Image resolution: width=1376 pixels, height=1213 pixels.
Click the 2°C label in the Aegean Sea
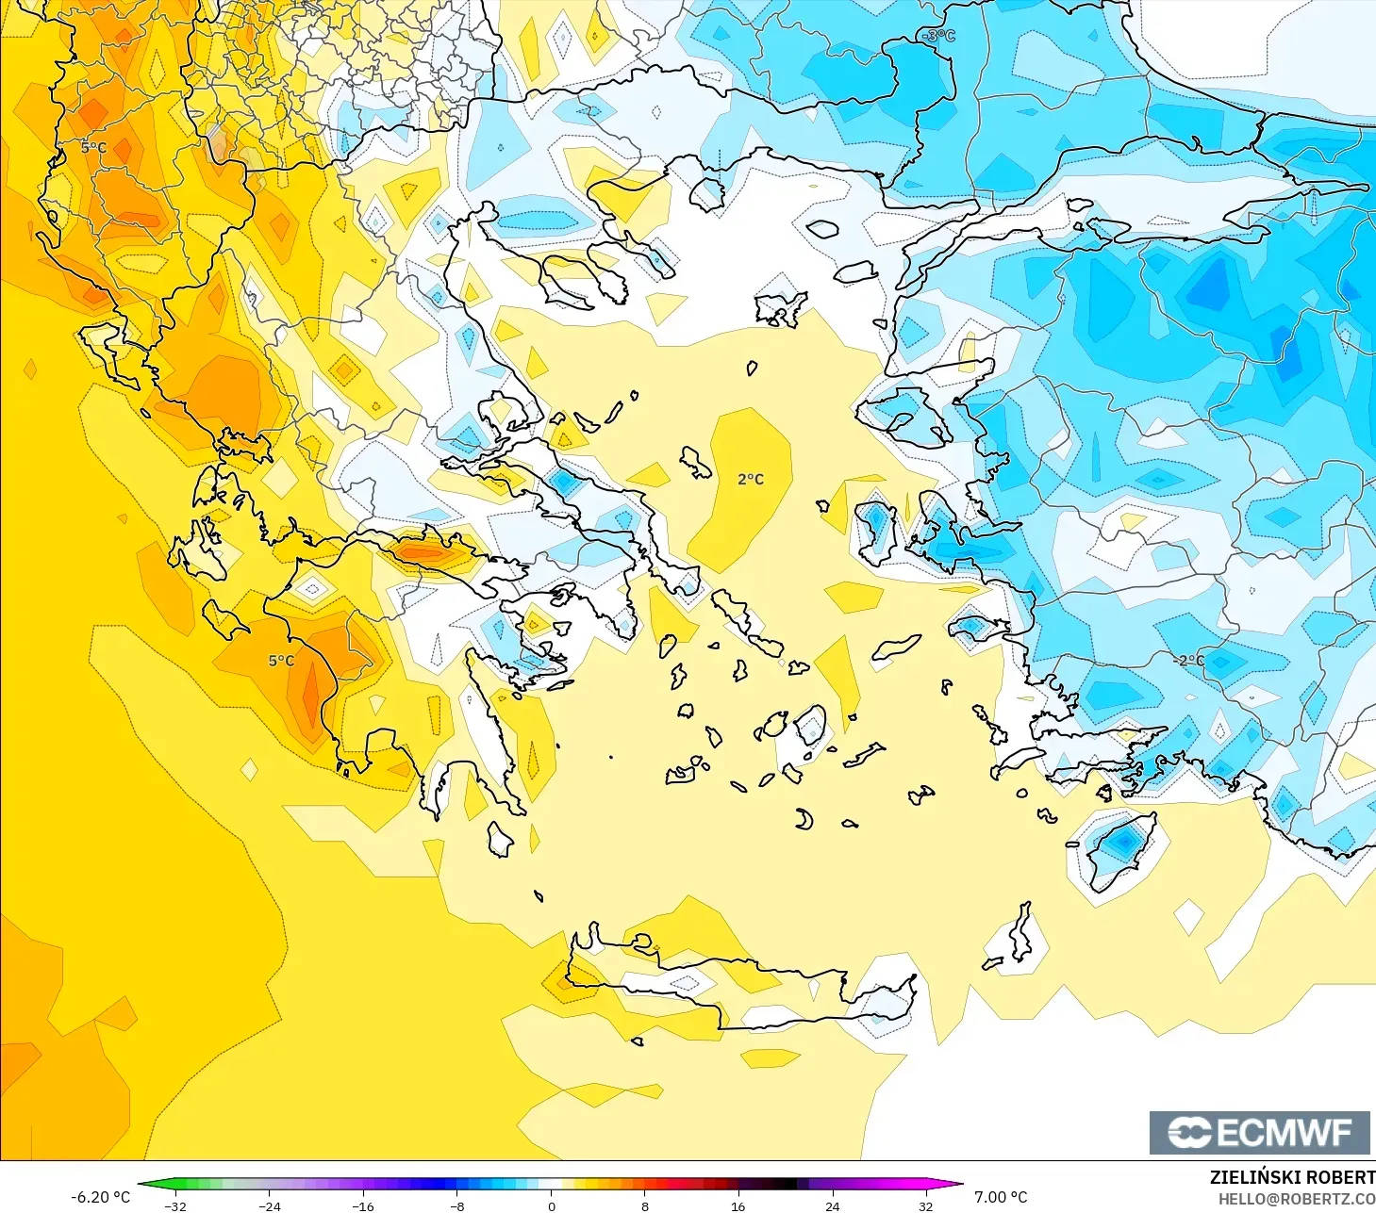[x=751, y=480]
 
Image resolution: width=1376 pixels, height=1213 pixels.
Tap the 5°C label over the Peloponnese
[x=281, y=661]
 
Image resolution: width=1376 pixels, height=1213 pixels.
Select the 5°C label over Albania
[x=93, y=148]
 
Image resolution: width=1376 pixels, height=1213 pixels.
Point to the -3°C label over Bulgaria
[x=938, y=36]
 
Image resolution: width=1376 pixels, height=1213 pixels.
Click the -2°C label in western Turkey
[x=1190, y=660]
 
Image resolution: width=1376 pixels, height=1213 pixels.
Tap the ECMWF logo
[x=1259, y=1132]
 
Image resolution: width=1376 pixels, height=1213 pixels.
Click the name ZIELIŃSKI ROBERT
[x=1292, y=1177]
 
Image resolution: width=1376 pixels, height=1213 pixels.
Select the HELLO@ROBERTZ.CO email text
[x=1296, y=1199]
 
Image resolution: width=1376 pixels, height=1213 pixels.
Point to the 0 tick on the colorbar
[x=552, y=1205]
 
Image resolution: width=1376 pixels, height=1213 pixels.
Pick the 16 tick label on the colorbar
[x=738, y=1205]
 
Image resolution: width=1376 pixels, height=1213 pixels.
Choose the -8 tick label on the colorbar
[x=456, y=1205]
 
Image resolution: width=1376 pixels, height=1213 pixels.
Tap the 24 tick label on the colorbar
[x=832, y=1205]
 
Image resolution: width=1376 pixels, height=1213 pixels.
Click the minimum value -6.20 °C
[x=101, y=1197]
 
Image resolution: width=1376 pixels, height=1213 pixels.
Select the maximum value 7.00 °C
[x=1001, y=1197]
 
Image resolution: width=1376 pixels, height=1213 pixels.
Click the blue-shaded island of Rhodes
[x=1120, y=849]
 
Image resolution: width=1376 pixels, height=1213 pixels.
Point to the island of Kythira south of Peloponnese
[x=499, y=839]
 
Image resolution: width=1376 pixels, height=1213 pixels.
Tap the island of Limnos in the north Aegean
[x=779, y=307]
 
